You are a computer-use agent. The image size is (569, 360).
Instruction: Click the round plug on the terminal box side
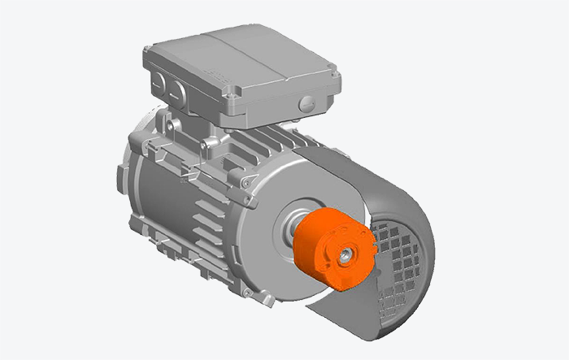pyautogui.click(x=306, y=103)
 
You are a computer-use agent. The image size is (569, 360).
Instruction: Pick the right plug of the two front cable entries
pyautogui.click(x=180, y=91)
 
